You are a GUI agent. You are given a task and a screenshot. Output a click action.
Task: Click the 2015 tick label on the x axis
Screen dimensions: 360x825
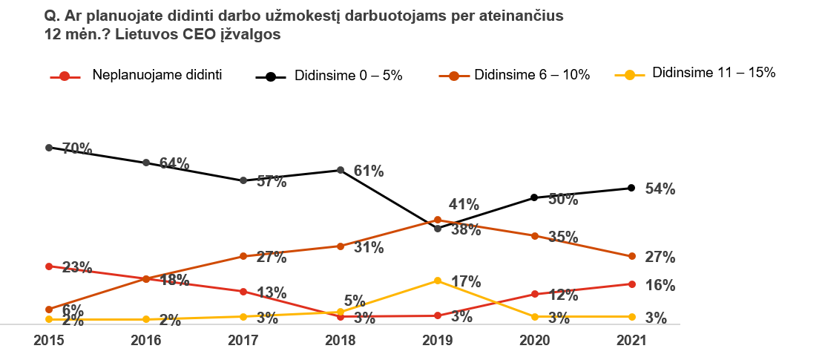[49, 341]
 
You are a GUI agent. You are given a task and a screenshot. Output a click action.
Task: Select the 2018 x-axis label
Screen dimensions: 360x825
[341, 341]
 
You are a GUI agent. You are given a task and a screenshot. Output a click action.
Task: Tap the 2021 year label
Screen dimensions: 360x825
[632, 341]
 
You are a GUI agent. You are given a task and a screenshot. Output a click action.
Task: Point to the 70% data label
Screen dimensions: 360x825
[77, 149]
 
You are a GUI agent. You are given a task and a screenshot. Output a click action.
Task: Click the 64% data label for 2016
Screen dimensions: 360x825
[174, 164]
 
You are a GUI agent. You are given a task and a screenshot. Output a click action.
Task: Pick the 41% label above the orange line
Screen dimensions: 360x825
[464, 205]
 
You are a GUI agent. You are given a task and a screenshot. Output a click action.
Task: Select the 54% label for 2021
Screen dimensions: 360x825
[660, 189]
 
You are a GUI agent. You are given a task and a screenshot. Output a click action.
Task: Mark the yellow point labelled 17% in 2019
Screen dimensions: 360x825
[438, 281]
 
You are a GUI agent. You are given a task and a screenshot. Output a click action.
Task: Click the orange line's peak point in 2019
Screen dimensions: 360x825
[438, 220]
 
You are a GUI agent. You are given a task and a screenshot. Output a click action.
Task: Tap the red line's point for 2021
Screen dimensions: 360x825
[632, 284]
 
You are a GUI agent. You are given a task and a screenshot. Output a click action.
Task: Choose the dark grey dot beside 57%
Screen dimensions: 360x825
[243, 180]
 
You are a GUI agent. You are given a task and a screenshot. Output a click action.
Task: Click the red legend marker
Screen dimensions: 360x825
[65, 76]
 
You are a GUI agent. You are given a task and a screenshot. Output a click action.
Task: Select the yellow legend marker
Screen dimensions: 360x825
[630, 75]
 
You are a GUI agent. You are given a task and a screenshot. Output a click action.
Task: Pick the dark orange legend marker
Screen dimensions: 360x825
[454, 76]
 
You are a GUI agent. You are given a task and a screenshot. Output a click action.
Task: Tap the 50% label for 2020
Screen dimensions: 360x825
[563, 200]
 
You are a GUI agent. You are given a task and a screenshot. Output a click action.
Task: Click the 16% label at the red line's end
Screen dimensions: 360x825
[660, 286]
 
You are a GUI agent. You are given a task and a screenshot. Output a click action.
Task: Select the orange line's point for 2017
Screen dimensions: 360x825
[243, 256]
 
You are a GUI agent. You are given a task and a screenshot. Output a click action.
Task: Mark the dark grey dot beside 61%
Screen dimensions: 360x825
[341, 170]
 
